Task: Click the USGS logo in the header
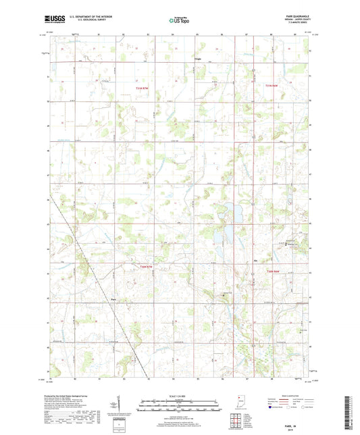[x=51, y=20]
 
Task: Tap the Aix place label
[x=255, y=258]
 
